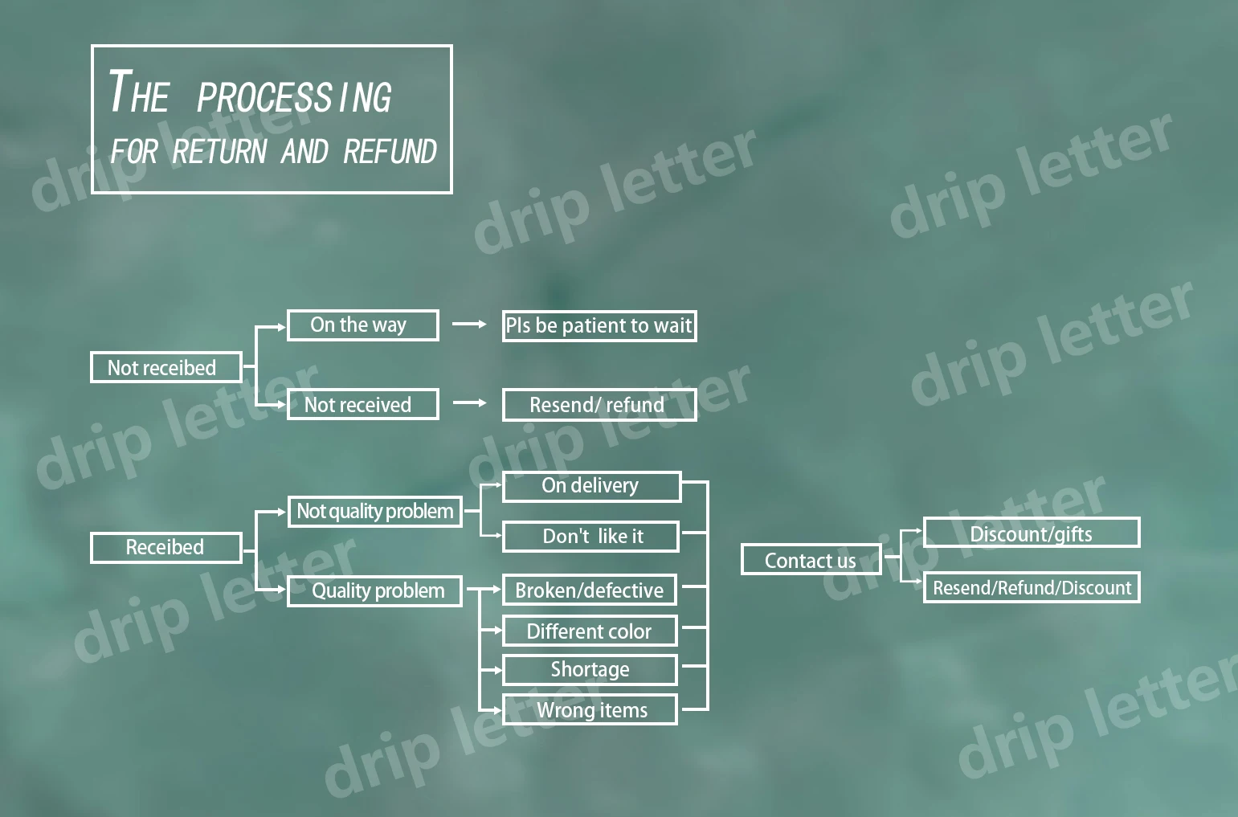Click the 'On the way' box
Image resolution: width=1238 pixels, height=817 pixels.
tap(362, 325)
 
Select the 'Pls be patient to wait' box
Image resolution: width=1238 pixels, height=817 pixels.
tap(599, 326)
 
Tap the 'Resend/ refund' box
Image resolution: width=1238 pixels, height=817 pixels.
tap(599, 405)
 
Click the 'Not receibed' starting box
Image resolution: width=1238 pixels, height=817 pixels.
tap(165, 368)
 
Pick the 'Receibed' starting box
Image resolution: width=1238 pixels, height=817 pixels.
tap(165, 548)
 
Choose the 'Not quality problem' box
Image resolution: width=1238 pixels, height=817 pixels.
tap(374, 512)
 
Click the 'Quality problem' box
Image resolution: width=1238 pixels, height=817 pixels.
tap(374, 591)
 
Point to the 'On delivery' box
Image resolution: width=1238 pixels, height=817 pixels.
tap(591, 487)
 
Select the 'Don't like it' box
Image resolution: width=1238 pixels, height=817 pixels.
tap(590, 537)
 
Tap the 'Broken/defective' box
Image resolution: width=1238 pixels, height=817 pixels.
tap(589, 590)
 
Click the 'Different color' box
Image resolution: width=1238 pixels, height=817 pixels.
tap(589, 631)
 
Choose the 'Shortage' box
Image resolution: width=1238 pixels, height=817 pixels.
tap(589, 670)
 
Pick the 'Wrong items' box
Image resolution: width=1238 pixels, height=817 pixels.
tap(589, 710)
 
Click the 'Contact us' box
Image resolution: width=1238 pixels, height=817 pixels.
tap(810, 560)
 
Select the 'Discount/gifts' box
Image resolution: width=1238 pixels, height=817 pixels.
tap(1031, 533)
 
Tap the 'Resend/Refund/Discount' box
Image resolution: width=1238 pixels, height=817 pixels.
tap(1031, 588)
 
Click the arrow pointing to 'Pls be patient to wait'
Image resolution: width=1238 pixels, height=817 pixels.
tap(469, 325)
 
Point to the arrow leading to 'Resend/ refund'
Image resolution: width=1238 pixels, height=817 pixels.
tap(469, 402)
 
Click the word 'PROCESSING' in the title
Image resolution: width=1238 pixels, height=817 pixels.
tap(294, 97)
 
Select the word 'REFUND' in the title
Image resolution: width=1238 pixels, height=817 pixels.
tap(390, 152)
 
